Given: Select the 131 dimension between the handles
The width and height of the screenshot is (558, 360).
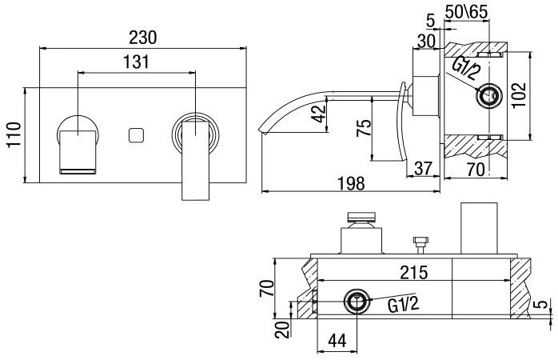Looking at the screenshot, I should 138,61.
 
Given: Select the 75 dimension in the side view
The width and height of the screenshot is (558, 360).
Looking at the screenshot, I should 364,130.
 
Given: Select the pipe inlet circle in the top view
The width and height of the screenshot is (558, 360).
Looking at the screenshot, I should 357,303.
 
